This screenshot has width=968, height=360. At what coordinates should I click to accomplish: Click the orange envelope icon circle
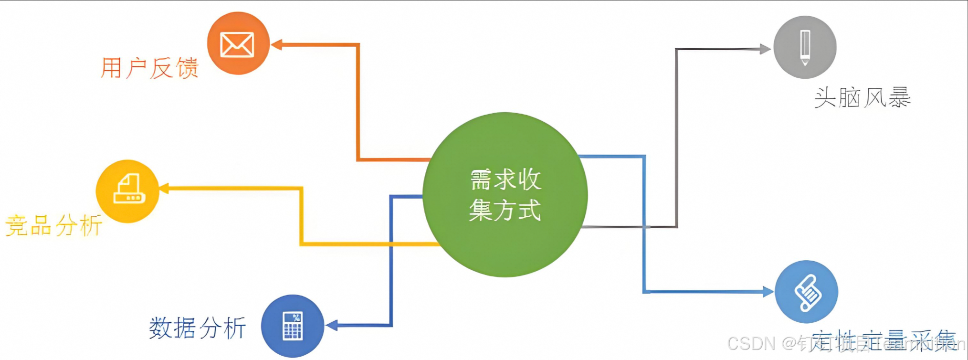(238, 43)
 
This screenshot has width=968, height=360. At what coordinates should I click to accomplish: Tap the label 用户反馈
(149, 68)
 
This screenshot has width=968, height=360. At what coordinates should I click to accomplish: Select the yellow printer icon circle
(127, 191)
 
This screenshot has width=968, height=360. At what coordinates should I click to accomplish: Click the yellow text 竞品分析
(54, 225)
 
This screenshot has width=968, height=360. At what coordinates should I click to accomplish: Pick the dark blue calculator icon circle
(292, 326)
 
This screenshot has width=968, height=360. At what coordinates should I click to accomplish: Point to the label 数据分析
(197, 328)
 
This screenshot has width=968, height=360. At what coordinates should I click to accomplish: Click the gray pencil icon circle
(805, 47)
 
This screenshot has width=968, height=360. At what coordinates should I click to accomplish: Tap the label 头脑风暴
(862, 98)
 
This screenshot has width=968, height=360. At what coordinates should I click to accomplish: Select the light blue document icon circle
(806, 292)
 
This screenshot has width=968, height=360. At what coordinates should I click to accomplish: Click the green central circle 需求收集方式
(505, 195)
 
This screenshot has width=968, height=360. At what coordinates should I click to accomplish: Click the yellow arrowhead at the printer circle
(164, 188)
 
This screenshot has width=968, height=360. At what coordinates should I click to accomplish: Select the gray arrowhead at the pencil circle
(765, 49)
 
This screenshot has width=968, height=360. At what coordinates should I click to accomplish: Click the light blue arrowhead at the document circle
(768, 291)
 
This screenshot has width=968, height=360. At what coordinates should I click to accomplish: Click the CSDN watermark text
(751, 343)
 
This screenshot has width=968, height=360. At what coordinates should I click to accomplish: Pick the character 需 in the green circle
(481, 180)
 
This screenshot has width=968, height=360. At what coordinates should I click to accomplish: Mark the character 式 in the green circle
(529, 210)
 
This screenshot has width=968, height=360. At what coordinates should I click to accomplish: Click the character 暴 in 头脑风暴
(899, 98)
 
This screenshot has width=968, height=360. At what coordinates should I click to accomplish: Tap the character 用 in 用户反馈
(111, 68)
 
